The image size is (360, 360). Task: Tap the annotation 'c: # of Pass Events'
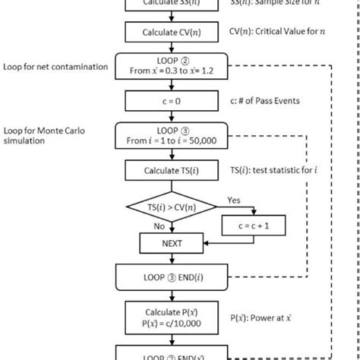267,100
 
